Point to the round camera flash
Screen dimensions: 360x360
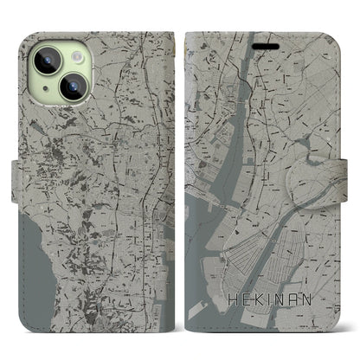pyautogui.click(x=74, y=54)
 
